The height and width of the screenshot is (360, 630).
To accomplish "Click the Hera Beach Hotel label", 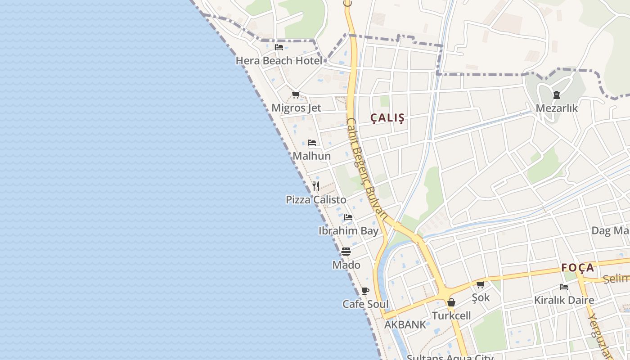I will (x=279, y=60).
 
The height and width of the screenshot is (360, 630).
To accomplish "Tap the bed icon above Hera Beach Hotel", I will (x=279, y=47).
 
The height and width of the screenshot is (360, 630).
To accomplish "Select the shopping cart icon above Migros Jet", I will (x=296, y=94).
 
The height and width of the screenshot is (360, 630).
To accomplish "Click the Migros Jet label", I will (x=296, y=108).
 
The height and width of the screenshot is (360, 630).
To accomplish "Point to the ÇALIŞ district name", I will (x=387, y=118).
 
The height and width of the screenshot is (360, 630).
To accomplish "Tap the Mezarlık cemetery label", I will (x=557, y=108).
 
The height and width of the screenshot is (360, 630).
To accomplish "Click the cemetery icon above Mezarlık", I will (x=557, y=95).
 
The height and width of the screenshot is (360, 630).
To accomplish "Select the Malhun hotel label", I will (x=311, y=156).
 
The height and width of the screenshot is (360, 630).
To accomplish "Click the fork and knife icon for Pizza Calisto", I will (x=316, y=186).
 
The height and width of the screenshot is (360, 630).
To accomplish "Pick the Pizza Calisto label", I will (x=316, y=199).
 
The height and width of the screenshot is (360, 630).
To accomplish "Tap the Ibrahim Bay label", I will (x=348, y=231).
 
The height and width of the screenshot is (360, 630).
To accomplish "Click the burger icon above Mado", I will (x=346, y=252).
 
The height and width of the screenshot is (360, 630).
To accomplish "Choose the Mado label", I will (x=346, y=265).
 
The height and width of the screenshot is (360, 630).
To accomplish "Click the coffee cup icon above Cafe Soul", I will (x=365, y=291).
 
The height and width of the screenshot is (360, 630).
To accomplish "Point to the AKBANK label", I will (x=405, y=324).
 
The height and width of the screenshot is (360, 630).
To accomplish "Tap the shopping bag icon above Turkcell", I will (x=451, y=303).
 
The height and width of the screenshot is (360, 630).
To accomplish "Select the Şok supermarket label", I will (x=481, y=297).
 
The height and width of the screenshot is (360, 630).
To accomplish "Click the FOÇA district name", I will (x=578, y=268).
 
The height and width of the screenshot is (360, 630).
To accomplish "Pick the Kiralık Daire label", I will (x=564, y=300).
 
